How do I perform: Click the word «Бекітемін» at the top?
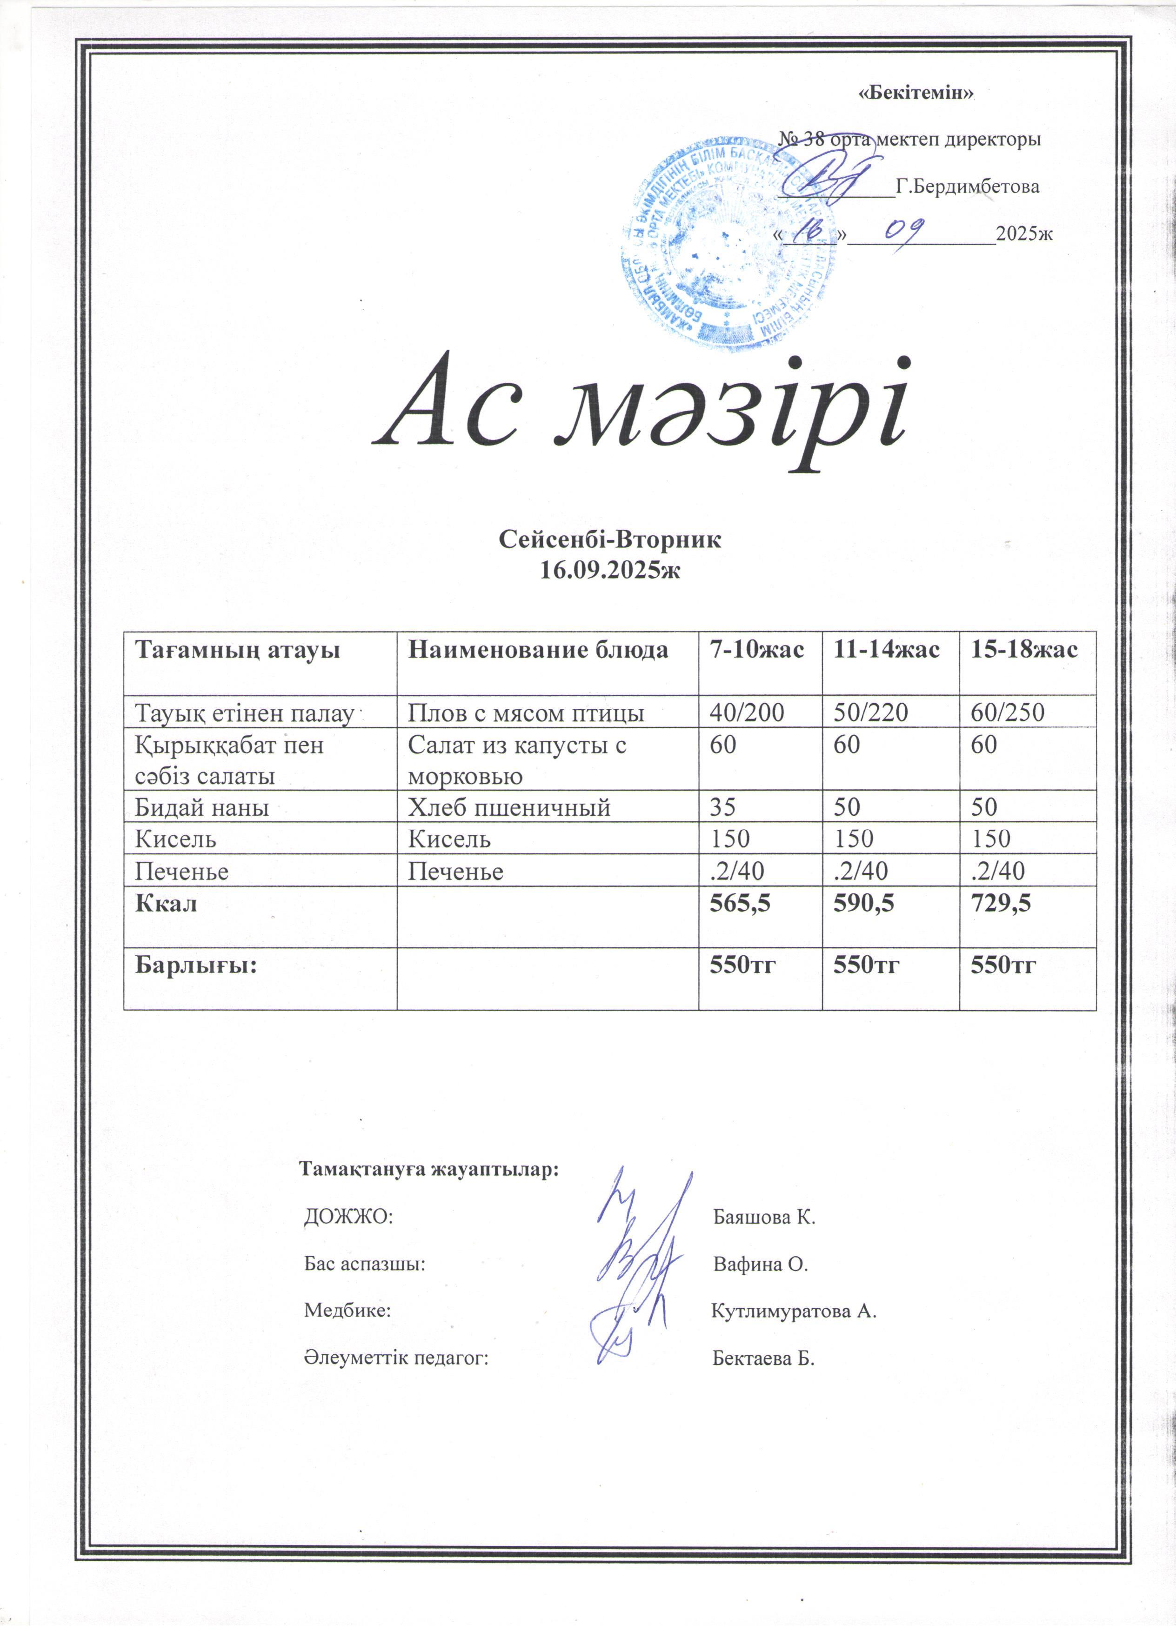(916, 93)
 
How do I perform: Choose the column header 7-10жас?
(757, 650)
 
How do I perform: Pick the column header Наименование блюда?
(538, 650)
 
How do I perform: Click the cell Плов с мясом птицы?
(526, 712)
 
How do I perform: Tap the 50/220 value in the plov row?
(870, 712)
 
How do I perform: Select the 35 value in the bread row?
(723, 807)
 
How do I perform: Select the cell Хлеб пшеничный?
(509, 807)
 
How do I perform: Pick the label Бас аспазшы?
(365, 1264)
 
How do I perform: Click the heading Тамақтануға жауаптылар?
(429, 1169)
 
